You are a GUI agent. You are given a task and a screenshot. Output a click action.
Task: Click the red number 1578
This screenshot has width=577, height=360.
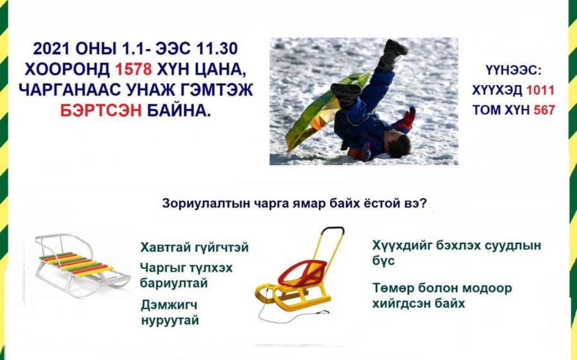pos(133,69)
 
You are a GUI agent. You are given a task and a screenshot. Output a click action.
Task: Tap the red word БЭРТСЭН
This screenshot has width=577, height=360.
pos(101,110)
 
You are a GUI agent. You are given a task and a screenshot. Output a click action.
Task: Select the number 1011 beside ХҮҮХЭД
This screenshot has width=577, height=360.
pos(540,90)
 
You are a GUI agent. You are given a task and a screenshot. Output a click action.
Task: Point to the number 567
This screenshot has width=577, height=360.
pos(544,110)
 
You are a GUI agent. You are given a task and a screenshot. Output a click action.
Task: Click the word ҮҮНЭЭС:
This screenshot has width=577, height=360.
pos(514,70)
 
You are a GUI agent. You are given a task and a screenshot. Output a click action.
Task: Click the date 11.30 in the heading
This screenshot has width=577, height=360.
pos(217,49)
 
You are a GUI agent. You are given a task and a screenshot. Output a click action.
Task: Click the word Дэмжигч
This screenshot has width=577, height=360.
pos(169,305)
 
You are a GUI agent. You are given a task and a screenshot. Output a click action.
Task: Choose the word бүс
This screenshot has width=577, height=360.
pos(383,261)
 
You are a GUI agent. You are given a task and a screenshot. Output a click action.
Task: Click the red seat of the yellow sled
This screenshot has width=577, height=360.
pos(303,272)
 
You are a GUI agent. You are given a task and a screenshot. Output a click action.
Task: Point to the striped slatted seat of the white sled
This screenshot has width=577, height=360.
pos(76,263)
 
